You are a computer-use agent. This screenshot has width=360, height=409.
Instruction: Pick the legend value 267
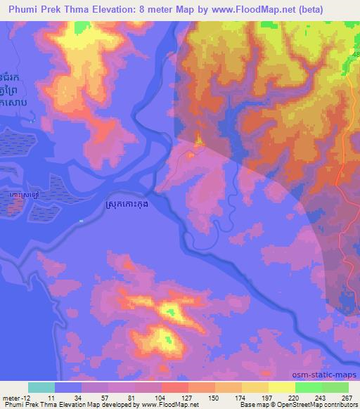(x=347, y=397)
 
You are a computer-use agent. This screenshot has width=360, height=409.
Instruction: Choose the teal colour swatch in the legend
(x=41, y=387)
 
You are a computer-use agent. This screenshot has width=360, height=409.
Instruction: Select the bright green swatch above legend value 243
(x=307, y=387)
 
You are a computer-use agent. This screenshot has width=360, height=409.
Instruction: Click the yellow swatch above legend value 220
(x=281, y=387)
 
